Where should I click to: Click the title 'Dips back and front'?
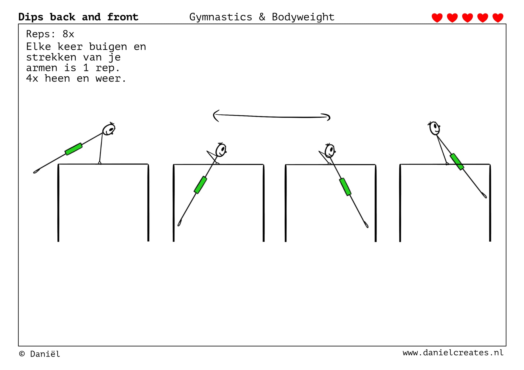point(78,17)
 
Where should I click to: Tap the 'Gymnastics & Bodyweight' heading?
point(262,17)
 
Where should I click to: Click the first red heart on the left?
point(437,18)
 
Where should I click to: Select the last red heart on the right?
point(498,18)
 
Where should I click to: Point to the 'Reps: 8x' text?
point(50,34)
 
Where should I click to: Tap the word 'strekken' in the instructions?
point(51,57)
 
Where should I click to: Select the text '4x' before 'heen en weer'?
point(32,79)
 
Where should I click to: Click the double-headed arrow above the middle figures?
point(271,116)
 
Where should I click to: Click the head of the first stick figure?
point(109,129)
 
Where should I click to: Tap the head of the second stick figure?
point(221,150)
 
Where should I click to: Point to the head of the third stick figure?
point(330,151)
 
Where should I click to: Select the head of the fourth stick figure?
point(434,128)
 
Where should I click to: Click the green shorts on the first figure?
point(74,149)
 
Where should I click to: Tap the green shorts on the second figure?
point(201,185)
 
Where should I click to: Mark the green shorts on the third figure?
point(345,187)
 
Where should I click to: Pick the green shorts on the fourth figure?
point(457,162)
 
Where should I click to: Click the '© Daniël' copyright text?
point(40,354)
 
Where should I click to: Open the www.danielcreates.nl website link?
point(453,353)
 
